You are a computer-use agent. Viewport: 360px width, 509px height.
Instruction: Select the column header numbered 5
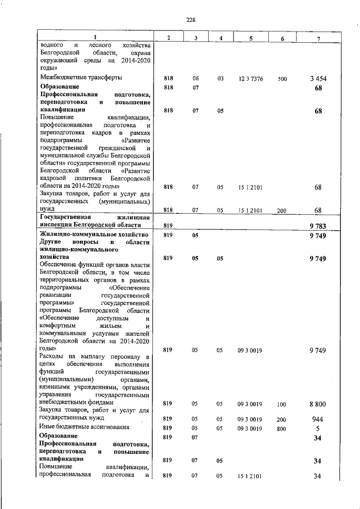(250, 38)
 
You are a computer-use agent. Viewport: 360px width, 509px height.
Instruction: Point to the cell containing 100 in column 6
(282, 404)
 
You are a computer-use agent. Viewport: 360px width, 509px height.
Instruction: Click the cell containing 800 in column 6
(282, 429)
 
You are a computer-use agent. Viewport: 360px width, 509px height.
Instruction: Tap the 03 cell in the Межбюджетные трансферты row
(220, 79)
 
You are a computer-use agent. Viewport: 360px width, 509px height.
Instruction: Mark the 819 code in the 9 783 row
(167, 226)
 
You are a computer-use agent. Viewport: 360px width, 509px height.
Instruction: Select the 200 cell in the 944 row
(282, 419)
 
